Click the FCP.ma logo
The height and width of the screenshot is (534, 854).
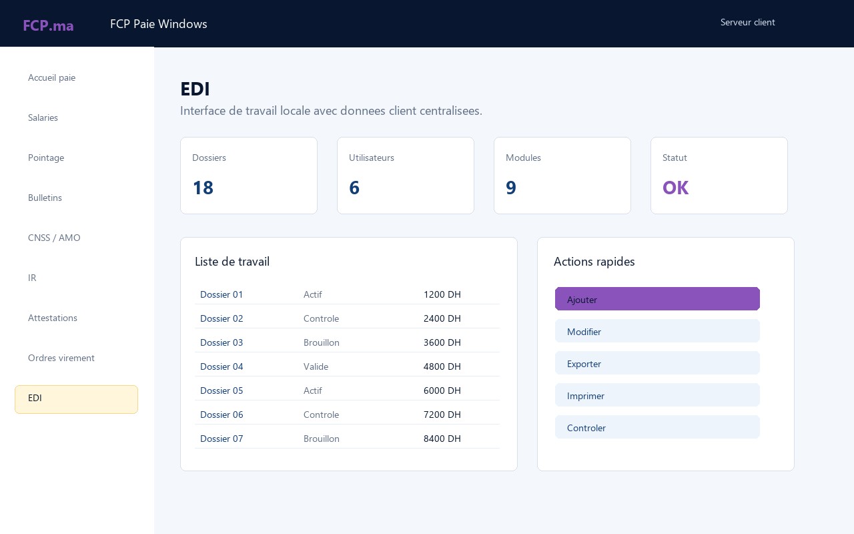click(48, 25)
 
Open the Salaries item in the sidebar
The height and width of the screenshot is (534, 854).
click(43, 117)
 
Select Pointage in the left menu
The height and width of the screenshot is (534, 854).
click(46, 158)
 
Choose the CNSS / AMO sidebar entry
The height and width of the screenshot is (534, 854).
click(54, 238)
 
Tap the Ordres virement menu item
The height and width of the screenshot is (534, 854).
click(61, 358)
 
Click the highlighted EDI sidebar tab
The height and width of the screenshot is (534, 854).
click(76, 399)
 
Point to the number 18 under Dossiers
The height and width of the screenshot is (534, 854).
click(203, 188)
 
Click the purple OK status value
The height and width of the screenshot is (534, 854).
click(676, 188)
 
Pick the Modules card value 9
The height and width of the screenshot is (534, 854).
click(511, 188)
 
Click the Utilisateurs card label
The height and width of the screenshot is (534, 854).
click(372, 158)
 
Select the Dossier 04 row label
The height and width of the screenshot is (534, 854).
click(222, 366)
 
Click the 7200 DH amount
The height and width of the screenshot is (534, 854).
click(442, 415)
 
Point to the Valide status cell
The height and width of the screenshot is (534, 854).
click(316, 366)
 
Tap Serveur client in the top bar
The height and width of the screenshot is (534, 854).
click(748, 22)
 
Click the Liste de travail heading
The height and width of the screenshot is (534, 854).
click(232, 262)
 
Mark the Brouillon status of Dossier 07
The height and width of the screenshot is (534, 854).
click(322, 439)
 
